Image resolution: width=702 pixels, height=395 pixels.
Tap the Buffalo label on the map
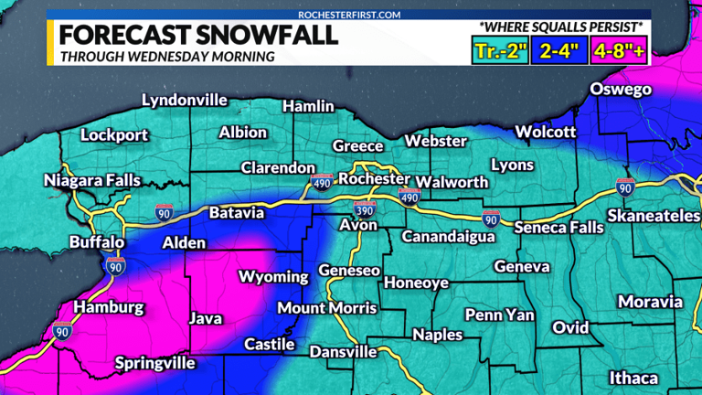[x=97, y=242]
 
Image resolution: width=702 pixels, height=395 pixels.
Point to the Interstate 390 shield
[x=363, y=207]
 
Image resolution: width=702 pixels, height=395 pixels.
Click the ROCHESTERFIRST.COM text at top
[x=350, y=15]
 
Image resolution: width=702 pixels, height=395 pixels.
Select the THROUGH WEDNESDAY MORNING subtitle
[x=166, y=57]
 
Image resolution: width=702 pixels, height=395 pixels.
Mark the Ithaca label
[x=633, y=378]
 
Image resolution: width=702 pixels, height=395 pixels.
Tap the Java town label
[x=206, y=318]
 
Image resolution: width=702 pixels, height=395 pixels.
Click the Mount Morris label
[x=326, y=307]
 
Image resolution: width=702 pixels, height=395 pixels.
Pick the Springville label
[x=155, y=363]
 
